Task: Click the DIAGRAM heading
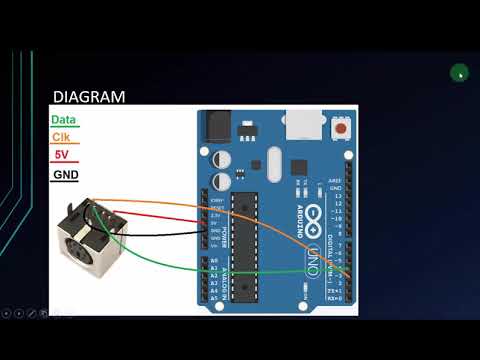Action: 88,97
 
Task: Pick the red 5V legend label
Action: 60,154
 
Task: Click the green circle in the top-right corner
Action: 459,72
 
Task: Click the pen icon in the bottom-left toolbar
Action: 31,313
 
